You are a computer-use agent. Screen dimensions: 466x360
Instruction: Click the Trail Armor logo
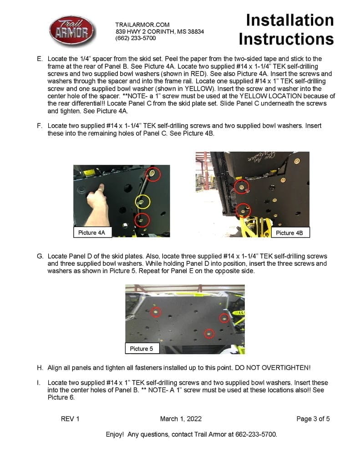point(72,31)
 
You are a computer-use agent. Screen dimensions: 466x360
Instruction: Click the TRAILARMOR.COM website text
point(142,25)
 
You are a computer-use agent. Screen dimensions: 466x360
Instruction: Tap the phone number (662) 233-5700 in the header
point(135,38)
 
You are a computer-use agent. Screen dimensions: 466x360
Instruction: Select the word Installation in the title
point(289,20)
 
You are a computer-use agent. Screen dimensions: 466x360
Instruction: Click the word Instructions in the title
point(286,39)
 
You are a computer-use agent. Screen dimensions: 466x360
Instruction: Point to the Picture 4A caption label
point(91,233)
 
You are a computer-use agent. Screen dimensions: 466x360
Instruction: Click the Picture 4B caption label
point(289,233)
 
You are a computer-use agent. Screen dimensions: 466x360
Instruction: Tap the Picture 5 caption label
point(141,349)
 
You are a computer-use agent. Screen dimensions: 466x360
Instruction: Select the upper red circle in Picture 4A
point(153,174)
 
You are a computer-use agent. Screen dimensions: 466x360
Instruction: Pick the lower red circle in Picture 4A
point(142,220)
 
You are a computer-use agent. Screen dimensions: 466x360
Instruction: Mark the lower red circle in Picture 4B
point(243,210)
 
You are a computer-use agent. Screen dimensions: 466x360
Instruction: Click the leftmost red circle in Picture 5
point(156,312)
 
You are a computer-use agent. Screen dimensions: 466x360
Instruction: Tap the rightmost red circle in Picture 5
point(224,318)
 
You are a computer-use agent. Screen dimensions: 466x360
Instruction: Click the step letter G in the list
point(40,256)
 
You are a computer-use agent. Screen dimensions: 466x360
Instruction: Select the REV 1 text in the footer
point(70,419)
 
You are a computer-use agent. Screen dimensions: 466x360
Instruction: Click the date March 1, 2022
point(181,419)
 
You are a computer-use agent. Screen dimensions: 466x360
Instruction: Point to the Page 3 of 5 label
point(313,419)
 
